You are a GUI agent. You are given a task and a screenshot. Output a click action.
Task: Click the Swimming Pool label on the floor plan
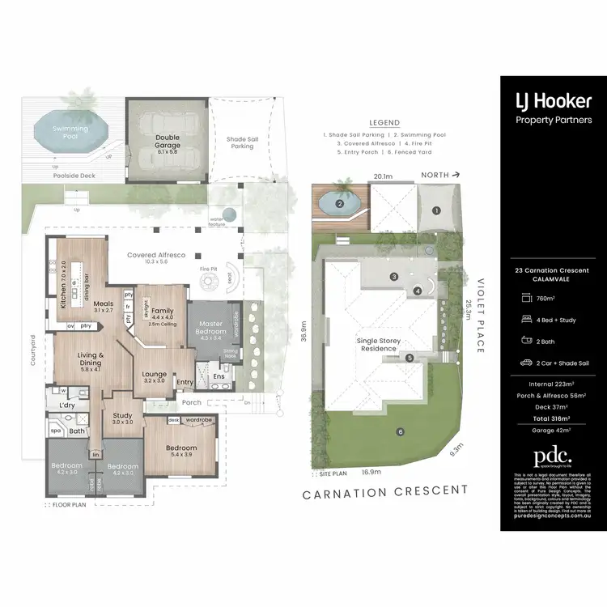70,132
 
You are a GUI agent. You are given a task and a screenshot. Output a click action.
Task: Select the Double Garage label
168,142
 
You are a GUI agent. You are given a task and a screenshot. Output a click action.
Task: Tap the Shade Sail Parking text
241,142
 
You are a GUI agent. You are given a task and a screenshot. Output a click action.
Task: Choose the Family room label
163,311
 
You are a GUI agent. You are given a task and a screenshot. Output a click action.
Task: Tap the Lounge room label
154,374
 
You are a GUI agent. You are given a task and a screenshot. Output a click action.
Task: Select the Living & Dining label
90,359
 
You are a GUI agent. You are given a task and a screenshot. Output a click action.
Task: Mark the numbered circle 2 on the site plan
341,204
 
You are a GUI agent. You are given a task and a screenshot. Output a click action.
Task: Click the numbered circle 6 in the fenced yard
400,431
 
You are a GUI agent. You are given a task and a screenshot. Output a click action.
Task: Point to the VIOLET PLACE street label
480,314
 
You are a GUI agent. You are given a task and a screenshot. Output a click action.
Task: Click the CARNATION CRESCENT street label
385,490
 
